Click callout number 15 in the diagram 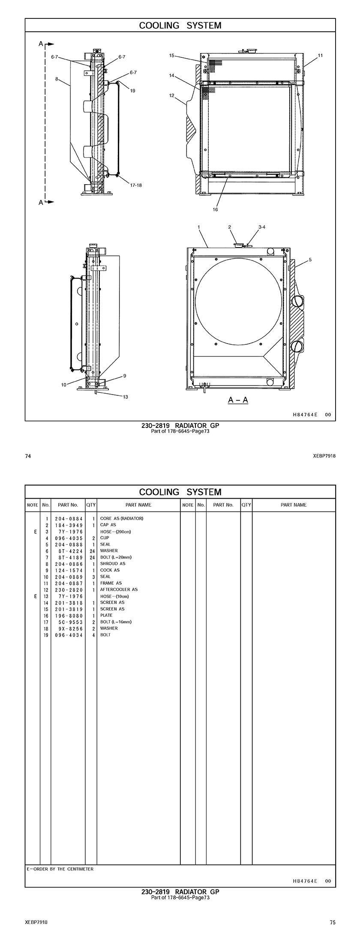[x=171, y=55]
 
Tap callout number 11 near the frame [x=320, y=55]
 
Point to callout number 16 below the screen [x=215, y=209]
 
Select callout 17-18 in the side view [x=136, y=185]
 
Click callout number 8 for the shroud [x=57, y=79]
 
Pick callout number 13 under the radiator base [x=126, y=397]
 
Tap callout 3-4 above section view [x=262, y=227]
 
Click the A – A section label [x=238, y=400]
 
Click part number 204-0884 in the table [x=69, y=518]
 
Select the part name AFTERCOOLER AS [x=119, y=589]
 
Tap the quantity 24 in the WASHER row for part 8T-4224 [x=92, y=550]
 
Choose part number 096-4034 [x=69, y=634]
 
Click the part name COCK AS [x=110, y=570]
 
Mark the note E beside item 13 [x=35, y=596]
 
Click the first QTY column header [x=91, y=505]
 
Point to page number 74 [x=28, y=456]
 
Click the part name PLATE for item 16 [x=106, y=615]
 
